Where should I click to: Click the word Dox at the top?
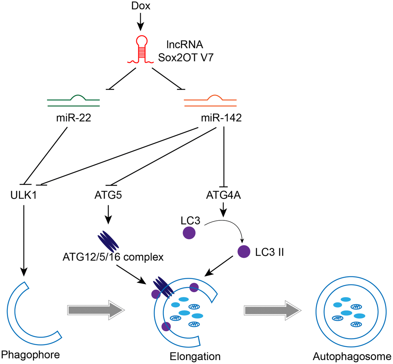141,7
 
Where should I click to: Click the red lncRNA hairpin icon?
140,51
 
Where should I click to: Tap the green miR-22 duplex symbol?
73,101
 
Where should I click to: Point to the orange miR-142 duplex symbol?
210,101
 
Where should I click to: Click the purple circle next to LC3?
188,233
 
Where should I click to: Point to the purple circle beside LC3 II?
244,251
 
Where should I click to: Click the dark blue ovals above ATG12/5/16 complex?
108,241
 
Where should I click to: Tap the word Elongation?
195,356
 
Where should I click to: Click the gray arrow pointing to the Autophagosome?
272,310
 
